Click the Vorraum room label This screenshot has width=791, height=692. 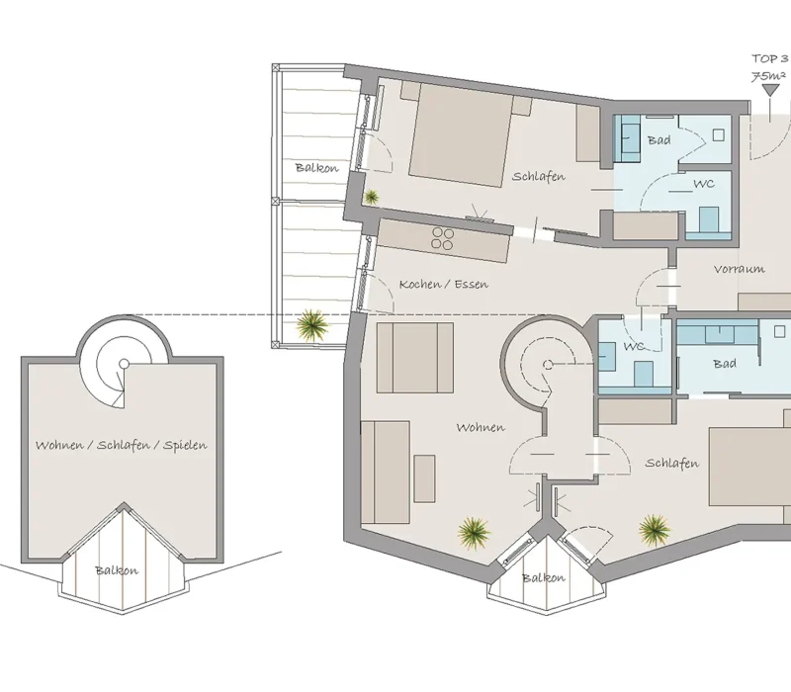click(x=739, y=269)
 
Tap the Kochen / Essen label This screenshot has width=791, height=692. click(x=443, y=284)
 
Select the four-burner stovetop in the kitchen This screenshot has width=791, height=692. click(x=442, y=238)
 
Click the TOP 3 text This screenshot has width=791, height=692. click(x=770, y=59)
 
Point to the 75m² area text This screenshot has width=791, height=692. click(x=768, y=76)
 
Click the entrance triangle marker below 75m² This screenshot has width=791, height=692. click(x=770, y=91)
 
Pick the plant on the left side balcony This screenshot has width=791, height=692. click(x=311, y=325)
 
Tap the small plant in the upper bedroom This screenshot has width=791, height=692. click(x=372, y=197)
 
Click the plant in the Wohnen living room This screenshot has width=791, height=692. click(x=474, y=533)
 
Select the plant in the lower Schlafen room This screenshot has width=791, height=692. click(x=655, y=531)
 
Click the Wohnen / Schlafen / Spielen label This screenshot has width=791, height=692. click(x=121, y=445)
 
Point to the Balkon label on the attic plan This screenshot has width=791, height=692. click(x=117, y=570)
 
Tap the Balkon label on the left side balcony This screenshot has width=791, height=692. click(x=316, y=167)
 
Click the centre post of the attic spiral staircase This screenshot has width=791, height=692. click(x=125, y=364)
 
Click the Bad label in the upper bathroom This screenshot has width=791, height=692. click(x=659, y=139)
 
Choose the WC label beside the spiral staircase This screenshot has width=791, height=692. click(x=634, y=346)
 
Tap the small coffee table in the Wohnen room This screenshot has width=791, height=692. click(x=424, y=478)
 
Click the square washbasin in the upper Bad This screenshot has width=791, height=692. click(x=719, y=135)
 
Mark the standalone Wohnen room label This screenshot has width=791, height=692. click(x=481, y=427)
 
